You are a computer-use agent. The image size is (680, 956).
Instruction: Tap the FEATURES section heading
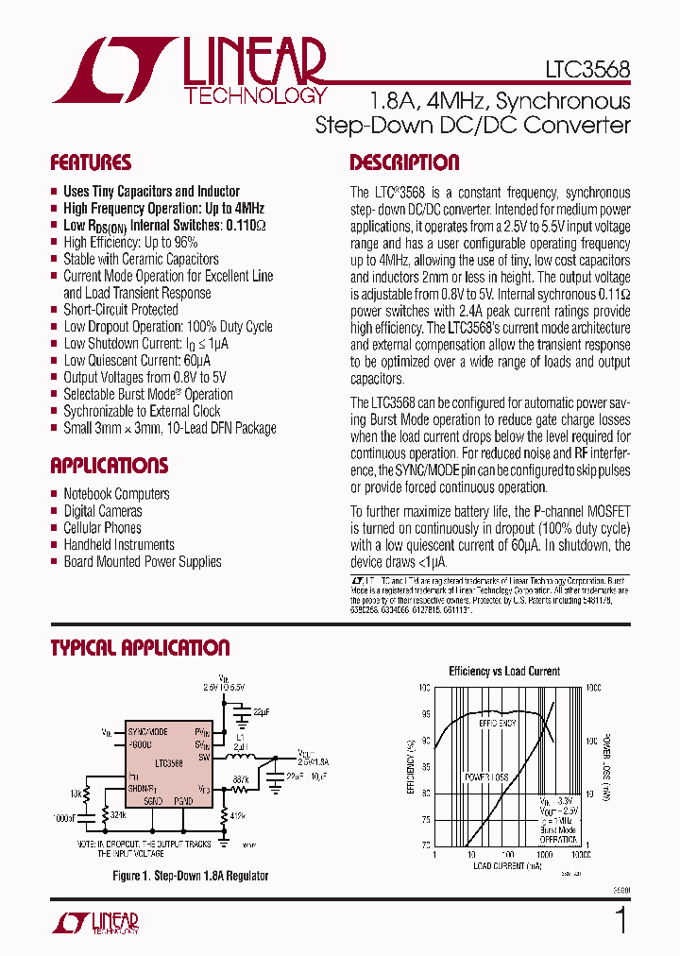(x=91, y=162)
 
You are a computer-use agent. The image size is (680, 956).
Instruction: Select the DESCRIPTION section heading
(x=404, y=162)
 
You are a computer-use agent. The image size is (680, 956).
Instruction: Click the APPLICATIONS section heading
(x=109, y=466)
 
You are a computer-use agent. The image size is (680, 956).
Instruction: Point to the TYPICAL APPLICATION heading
(x=140, y=648)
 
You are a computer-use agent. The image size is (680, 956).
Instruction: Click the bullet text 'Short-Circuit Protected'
(x=120, y=310)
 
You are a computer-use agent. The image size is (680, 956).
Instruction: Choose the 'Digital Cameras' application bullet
(x=103, y=511)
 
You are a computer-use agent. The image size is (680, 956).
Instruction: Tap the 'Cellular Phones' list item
(x=102, y=528)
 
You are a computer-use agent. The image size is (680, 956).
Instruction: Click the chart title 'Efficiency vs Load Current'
(x=504, y=672)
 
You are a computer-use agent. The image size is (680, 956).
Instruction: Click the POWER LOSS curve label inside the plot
(x=486, y=777)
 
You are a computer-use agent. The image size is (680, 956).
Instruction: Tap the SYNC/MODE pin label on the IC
(x=147, y=732)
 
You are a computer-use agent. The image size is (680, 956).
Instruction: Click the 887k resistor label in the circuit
(x=241, y=779)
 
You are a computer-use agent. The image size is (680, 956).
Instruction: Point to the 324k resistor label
(x=118, y=814)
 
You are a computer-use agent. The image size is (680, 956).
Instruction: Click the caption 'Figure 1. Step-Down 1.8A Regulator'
(x=190, y=876)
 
